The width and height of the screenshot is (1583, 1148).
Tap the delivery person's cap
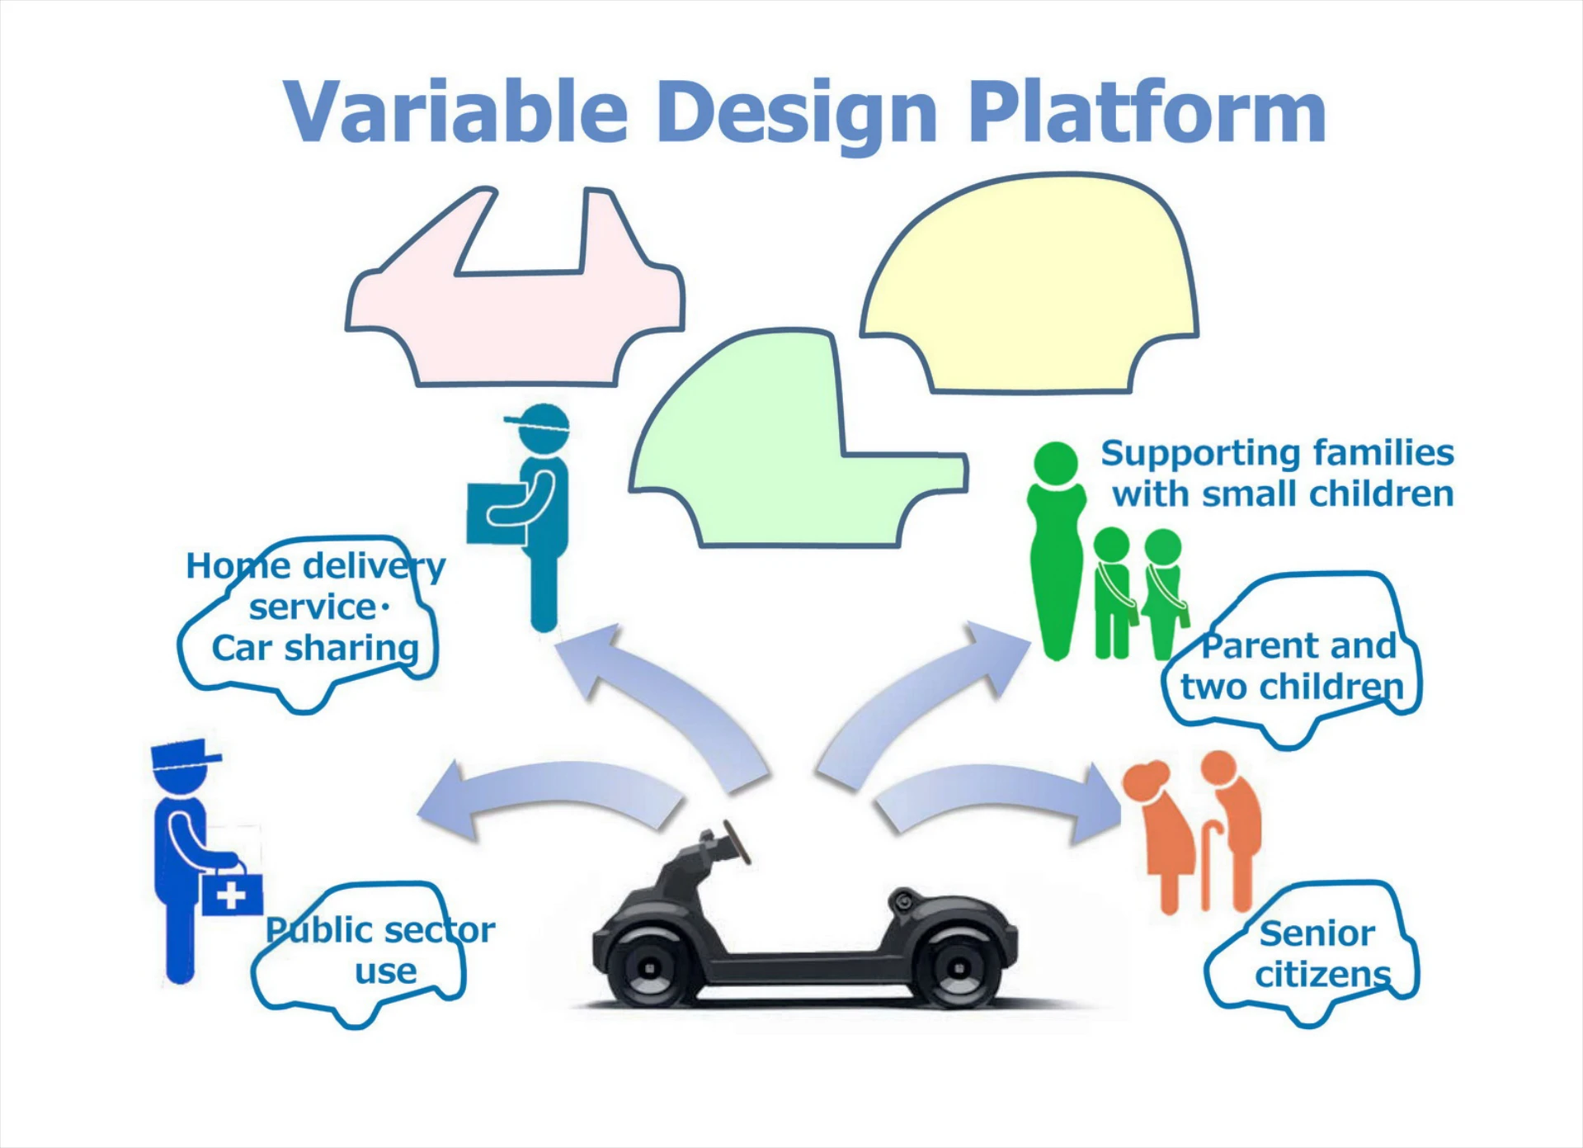click(x=540, y=422)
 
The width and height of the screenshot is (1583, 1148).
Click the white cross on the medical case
click(x=231, y=895)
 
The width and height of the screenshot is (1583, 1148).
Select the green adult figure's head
click(x=1056, y=462)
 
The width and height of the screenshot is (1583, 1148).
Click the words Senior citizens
click(x=1320, y=954)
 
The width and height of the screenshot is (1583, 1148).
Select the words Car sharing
click(x=315, y=649)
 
